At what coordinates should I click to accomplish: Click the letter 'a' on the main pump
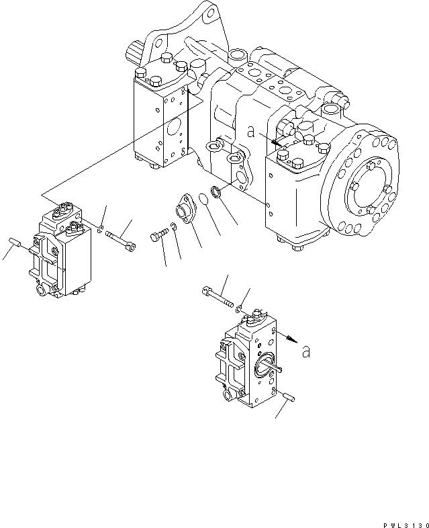click(x=251, y=133)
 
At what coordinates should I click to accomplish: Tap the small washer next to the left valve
click(x=99, y=230)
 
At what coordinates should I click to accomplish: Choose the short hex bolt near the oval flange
click(x=156, y=236)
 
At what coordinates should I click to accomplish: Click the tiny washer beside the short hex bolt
click(x=173, y=226)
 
